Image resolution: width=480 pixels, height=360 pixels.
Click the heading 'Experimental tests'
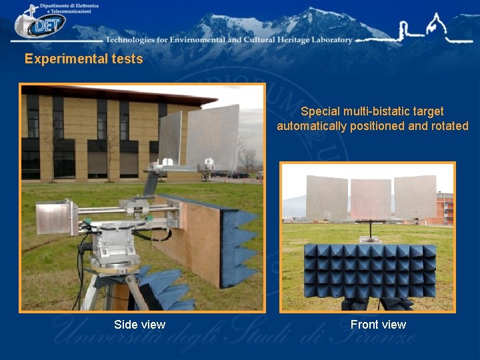83,59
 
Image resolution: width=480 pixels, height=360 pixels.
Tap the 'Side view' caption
139,325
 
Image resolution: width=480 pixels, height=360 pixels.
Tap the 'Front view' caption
378,325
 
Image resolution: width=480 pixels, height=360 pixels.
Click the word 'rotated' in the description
450,126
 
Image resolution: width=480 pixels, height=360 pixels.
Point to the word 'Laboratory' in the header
324,40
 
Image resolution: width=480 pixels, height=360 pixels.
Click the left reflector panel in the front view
327,197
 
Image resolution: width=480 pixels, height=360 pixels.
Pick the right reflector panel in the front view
415,197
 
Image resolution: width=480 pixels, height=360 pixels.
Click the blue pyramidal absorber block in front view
369,270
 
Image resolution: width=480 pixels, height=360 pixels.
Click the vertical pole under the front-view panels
369,231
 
